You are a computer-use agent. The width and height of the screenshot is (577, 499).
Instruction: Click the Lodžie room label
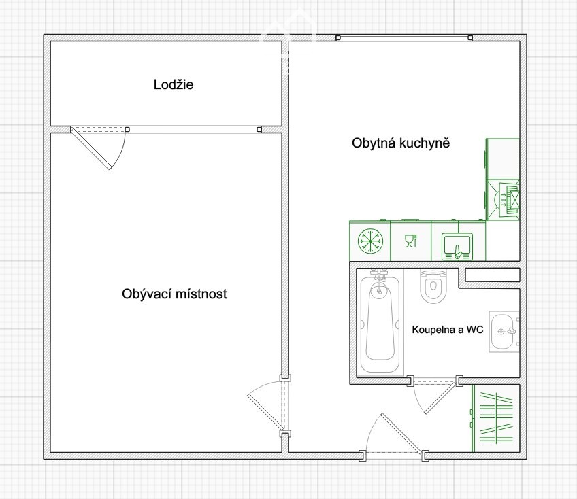coord(174,84)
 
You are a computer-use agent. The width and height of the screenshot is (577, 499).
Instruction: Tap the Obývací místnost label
coord(174,294)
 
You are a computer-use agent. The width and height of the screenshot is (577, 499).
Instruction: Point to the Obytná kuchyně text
coord(401,143)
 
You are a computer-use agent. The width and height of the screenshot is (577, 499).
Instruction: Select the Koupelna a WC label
coord(448,330)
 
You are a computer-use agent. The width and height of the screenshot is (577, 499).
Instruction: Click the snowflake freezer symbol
coord(370,241)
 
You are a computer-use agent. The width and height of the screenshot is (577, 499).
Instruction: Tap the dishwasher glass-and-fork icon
coord(411,241)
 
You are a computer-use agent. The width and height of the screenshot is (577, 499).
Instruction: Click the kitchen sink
coord(457,246)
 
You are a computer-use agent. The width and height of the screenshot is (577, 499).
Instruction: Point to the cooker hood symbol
coord(508,201)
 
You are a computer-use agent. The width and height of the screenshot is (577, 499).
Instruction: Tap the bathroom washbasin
coord(504,331)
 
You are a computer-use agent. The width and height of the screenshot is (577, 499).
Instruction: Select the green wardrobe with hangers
coord(495,418)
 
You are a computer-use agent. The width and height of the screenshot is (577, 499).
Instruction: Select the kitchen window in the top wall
coord(404,37)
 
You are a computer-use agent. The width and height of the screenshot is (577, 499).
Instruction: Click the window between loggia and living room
coord(193,129)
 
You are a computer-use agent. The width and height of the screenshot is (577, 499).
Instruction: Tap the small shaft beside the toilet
coord(493,275)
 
